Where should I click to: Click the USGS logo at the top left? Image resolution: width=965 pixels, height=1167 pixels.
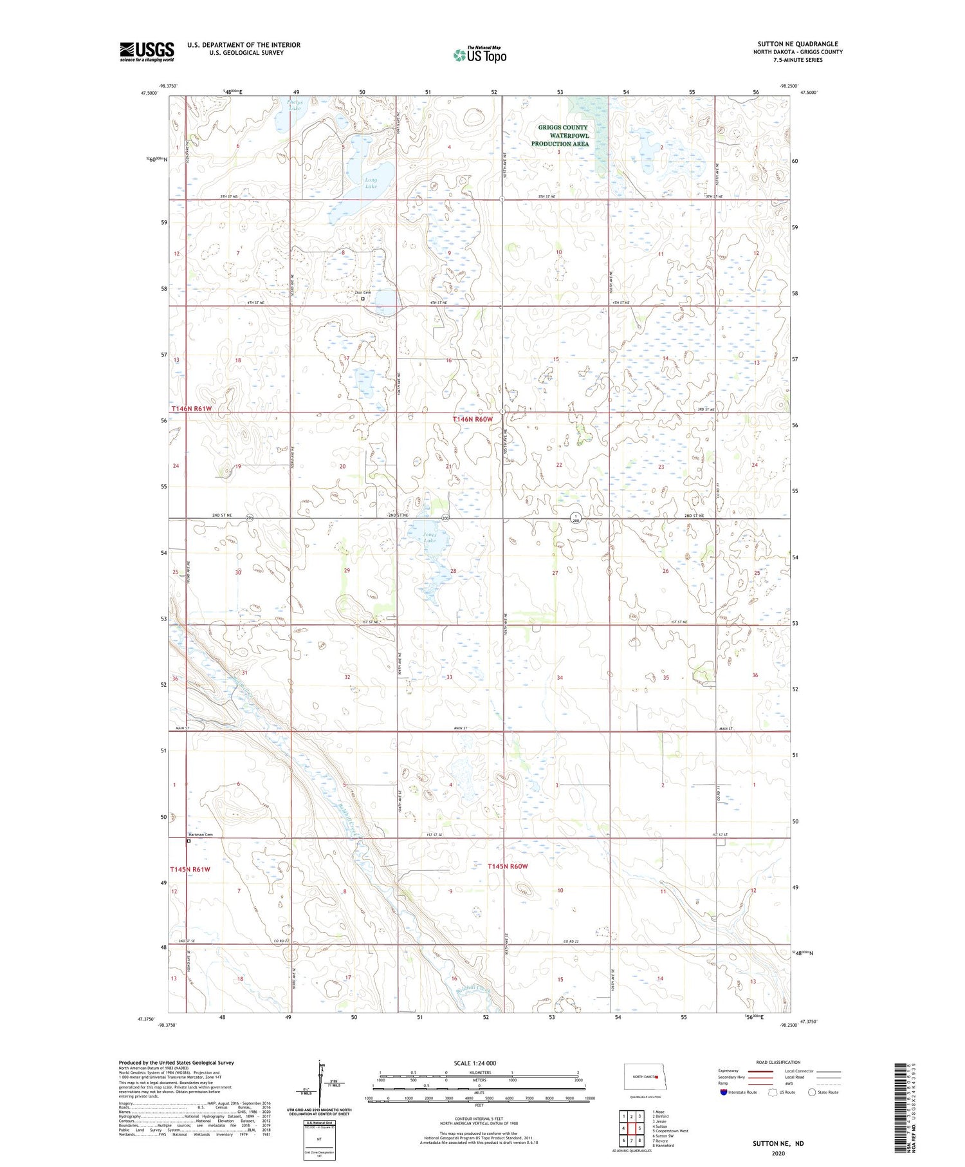(147, 51)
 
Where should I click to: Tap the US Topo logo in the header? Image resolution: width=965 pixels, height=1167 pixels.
(479, 55)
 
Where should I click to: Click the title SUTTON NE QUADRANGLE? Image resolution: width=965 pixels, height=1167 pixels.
(797, 44)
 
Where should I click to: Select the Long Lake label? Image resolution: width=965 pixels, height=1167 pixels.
(371, 183)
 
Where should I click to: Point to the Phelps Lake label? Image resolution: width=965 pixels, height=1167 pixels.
(294, 104)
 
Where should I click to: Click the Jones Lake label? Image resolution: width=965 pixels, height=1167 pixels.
(430, 537)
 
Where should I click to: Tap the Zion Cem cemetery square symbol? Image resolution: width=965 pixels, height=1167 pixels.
(363, 299)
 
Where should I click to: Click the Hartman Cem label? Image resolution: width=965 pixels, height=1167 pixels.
(200, 834)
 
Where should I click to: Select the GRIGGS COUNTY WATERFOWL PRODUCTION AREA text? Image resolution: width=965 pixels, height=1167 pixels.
(563, 136)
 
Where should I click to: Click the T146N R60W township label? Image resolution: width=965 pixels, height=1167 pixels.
(473, 419)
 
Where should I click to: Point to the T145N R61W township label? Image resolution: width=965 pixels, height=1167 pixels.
(190, 869)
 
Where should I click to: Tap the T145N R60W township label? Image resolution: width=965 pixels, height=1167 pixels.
(508, 866)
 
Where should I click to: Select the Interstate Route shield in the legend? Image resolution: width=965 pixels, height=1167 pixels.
(723, 1092)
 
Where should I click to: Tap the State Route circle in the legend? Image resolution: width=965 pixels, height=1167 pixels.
(812, 1092)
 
